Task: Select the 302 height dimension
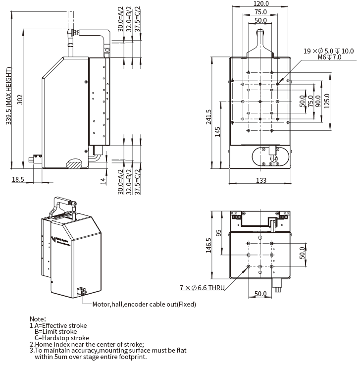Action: (20, 99)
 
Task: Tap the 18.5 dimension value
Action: (18, 180)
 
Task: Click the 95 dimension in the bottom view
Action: (218, 232)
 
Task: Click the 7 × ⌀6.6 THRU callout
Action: (203, 287)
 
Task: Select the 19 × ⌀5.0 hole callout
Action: (328, 51)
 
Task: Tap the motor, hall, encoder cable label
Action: (144, 304)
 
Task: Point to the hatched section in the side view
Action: (73, 163)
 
